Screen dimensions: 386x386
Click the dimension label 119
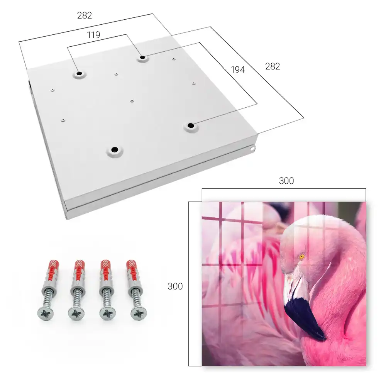[93, 35]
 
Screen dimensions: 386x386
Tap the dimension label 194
[238, 69]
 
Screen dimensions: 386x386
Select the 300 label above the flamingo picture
[286, 181]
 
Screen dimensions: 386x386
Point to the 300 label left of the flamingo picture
[175, 286]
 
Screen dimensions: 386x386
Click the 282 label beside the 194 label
[273, 66]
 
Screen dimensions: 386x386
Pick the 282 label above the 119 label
[85, 15]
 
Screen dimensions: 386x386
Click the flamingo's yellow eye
[302, 257]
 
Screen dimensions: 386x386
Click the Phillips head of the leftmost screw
[46, 313]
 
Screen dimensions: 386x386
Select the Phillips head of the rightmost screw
[139, 313]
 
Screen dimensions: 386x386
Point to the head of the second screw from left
[76, 313]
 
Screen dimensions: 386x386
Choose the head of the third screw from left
[108, 313]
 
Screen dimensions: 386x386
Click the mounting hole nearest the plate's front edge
[115, 149]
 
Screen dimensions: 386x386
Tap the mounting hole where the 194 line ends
[191, 125]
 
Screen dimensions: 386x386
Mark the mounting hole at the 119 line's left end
[79, 73]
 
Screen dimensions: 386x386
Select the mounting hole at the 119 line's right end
[142, 58]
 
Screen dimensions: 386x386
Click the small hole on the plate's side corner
[253, 149]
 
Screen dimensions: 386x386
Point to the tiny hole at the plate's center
[132, 101]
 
